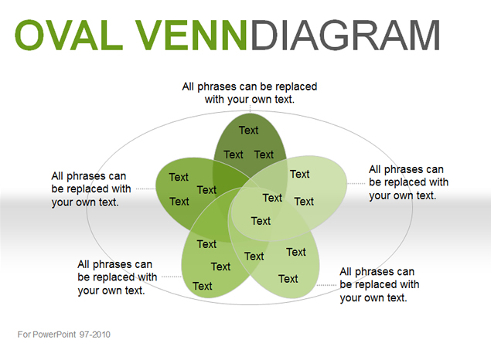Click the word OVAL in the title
coord(69,35)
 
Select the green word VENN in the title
coord(192,35)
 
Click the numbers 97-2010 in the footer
coord(95,335)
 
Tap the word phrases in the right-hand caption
coord(404,169)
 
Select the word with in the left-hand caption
coord(120,188)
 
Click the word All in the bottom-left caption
coord(84,264)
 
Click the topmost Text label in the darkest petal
coord(249,130)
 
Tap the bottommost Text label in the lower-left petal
coord(203,286)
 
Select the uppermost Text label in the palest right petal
coord(300,174)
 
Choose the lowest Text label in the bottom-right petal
coord(288,279)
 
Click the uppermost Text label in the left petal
coord(179,177)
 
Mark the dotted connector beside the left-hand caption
coord(146,188)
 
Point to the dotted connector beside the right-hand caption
coord(356,183)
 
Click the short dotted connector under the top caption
coord(250,108)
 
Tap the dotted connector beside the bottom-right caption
coord(327,285)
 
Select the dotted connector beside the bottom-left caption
coord(171,277)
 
